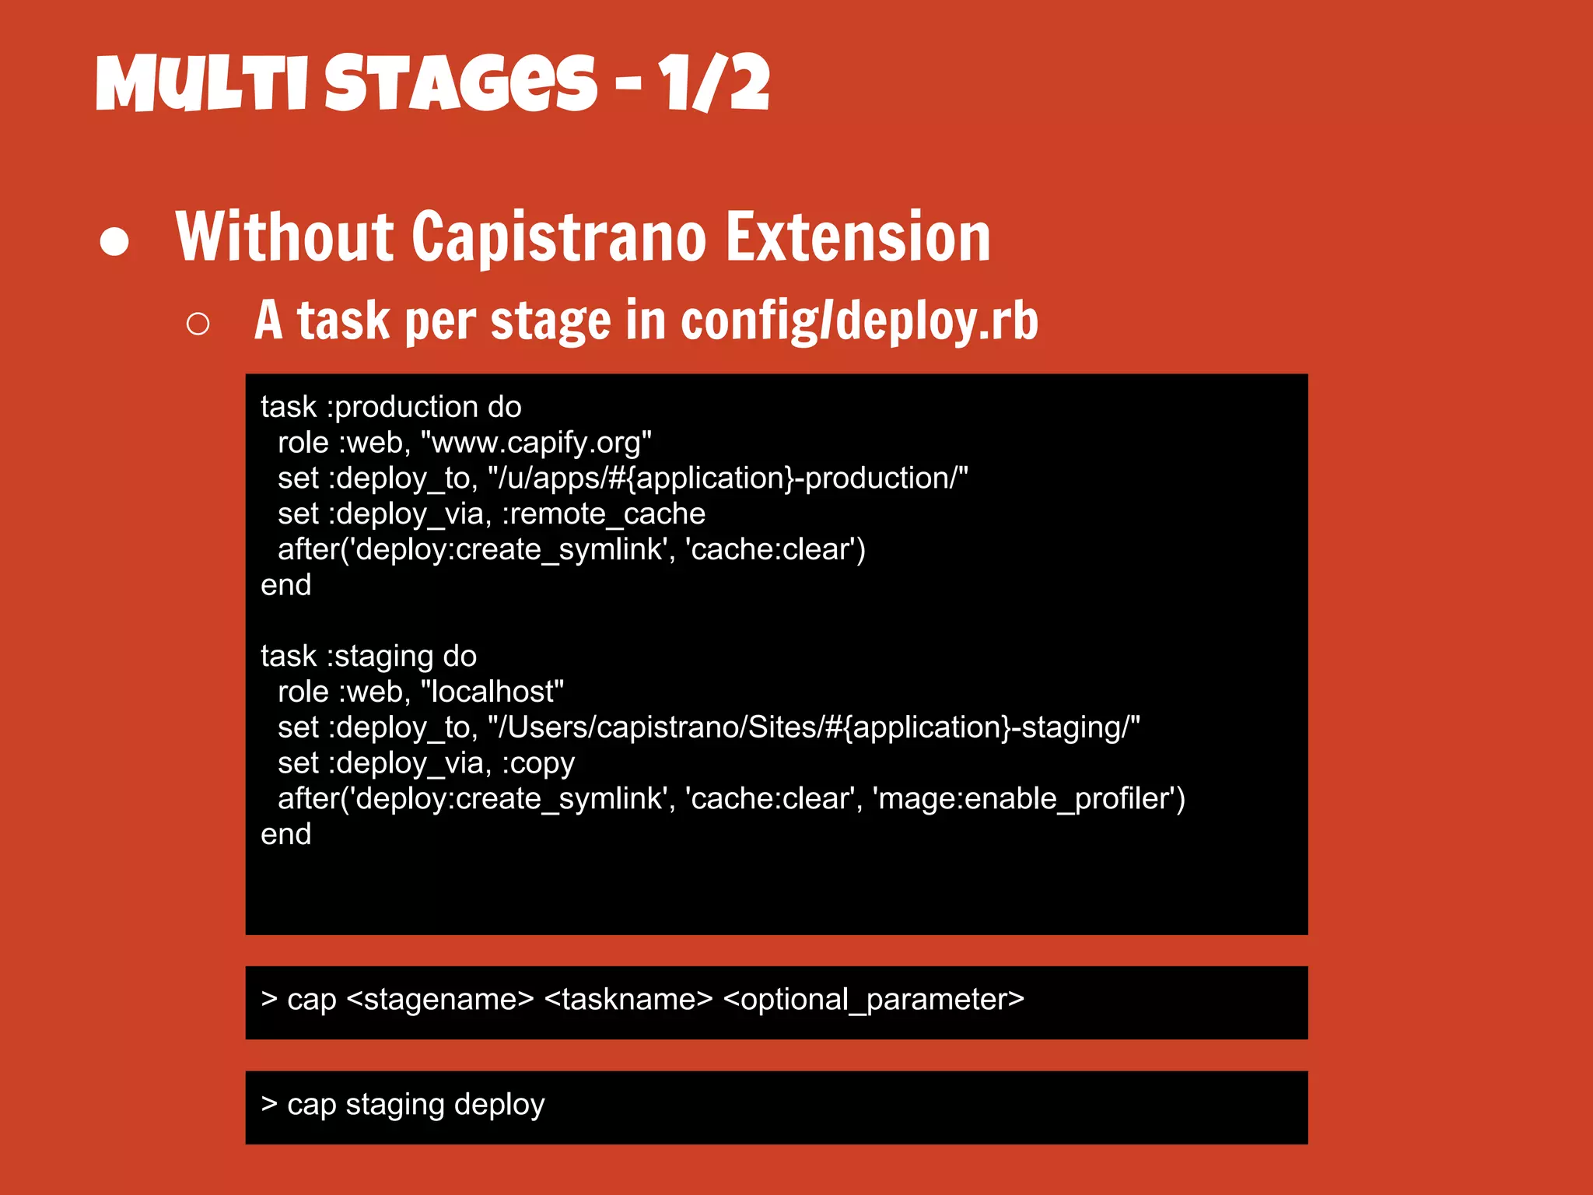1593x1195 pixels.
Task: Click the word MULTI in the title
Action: click(x=204, y=83)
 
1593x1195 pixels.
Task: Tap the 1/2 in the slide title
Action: click(x=713, y=83)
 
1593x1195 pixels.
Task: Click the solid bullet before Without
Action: click(x=114, y=241)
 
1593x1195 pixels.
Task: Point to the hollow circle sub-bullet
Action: click(x=198, y=324)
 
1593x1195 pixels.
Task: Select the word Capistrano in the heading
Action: click(x=558, y=237)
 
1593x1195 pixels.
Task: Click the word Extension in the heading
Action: click(x=858, y=237)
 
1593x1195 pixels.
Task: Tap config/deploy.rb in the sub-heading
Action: click(x=859, y=321)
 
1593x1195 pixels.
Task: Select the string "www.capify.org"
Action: click(x=535, y=443)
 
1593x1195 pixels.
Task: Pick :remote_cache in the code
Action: click(x=604, y=514)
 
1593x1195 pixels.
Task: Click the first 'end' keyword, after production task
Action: click(x=285, y=585)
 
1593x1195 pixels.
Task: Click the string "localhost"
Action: click(x=492, y=692)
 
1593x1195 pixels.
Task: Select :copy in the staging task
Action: click(x=537, y=763)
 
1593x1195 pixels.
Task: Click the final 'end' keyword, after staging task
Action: click(x=285, y=835)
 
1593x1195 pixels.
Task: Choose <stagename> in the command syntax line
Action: click(x=439, y=1000)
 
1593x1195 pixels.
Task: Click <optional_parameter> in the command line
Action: click(x=874, y=1000)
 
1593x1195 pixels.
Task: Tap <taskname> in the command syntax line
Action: click(x=628, y=1000)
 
